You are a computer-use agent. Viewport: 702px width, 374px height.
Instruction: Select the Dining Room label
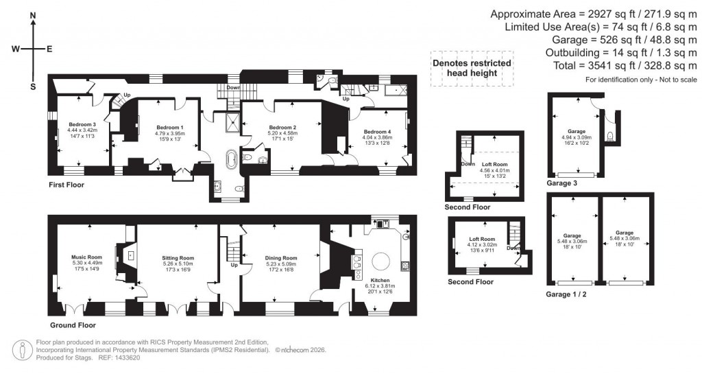pyautogui.click(x=280, y=257)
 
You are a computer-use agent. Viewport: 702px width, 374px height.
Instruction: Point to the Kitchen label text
pyautogui.click(x=380, y=281)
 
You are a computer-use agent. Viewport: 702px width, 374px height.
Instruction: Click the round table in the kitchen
pyautogui.click(x=381, y=261)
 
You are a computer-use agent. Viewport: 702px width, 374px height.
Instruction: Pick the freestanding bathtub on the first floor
pyautogui.click(x=232, y=160)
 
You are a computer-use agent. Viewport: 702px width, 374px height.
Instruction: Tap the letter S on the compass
pyautogui.click(x=33, y=86)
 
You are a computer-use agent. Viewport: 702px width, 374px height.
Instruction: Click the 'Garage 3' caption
pyautogui.click(x=561, y=184)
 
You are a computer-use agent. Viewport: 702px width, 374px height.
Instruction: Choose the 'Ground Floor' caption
pyautogui.click(x=73, y=325)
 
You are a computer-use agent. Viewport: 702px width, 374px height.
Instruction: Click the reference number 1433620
pyautogui.click(x=125, y=358)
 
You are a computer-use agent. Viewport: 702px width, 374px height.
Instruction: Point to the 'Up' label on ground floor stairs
pyautogui.click(x=234, y=264)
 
